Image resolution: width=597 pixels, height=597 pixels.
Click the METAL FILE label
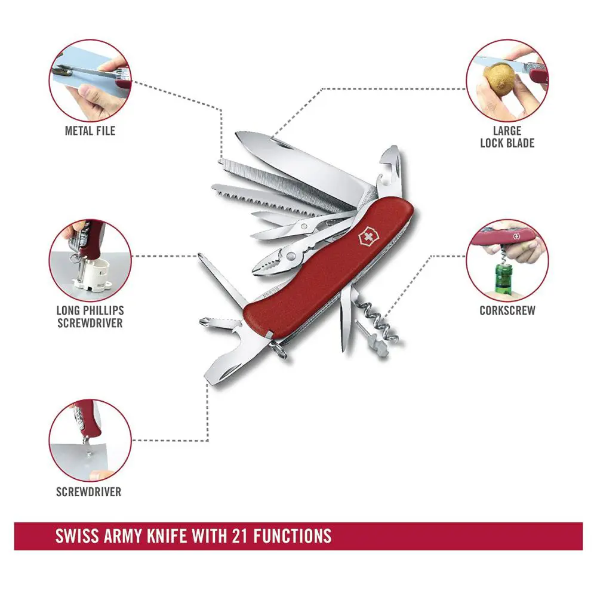[x=90, y=130]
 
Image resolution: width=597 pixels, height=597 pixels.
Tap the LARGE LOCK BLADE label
[x=507, y=137]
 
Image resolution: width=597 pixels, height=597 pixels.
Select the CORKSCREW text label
[x=507, y=310]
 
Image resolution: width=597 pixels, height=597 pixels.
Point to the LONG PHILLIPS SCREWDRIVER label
[x=90, y=316]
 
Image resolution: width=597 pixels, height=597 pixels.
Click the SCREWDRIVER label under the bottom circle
[x=88, y=492]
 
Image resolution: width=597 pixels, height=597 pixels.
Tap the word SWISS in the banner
[x=78, y=535]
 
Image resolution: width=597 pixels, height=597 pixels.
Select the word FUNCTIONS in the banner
[x=293, y=535]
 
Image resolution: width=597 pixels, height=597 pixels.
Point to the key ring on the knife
[x=280, y=350]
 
